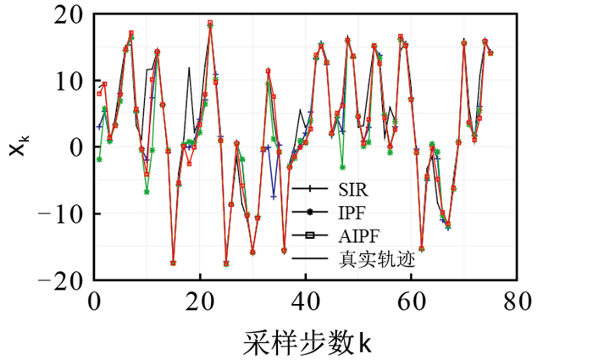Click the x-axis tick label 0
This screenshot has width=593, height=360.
(x=94, y=301)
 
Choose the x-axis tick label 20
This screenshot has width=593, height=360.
(x=200, y=301)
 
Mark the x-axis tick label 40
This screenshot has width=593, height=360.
(x=307, y=301)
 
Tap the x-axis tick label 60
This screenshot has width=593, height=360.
(x=413, y=301)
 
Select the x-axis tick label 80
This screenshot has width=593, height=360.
(x=518, y=301)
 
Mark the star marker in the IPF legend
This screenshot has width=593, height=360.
(x=310, y=212)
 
